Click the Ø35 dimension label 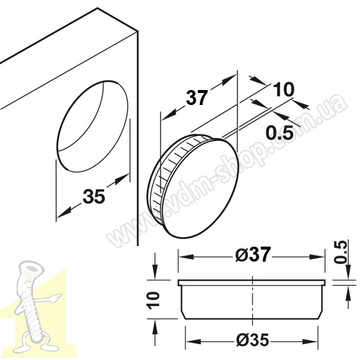click(x=253, y=340)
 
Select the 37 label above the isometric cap click(x=197, y=98)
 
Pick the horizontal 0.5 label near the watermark click(x=280, y=133)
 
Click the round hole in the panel click(x=92, y=126)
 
